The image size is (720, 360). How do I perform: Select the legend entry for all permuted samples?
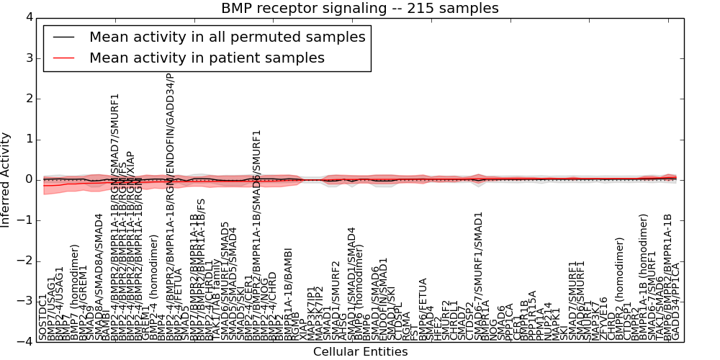(x=227, y=37)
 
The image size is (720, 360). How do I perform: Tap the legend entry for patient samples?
(x=207, y=58)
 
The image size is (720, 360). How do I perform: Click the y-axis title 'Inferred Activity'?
(x=6, y=179)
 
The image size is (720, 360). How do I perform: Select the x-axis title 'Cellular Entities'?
(x=360, y=351)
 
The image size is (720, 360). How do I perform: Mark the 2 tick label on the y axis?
(x=27, y=99)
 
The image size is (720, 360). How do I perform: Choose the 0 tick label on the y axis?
(x=27, y=179)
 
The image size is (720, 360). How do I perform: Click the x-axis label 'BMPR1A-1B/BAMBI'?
(x=288, y=293)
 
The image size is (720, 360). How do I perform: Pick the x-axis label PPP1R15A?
(x=533, y=315)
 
